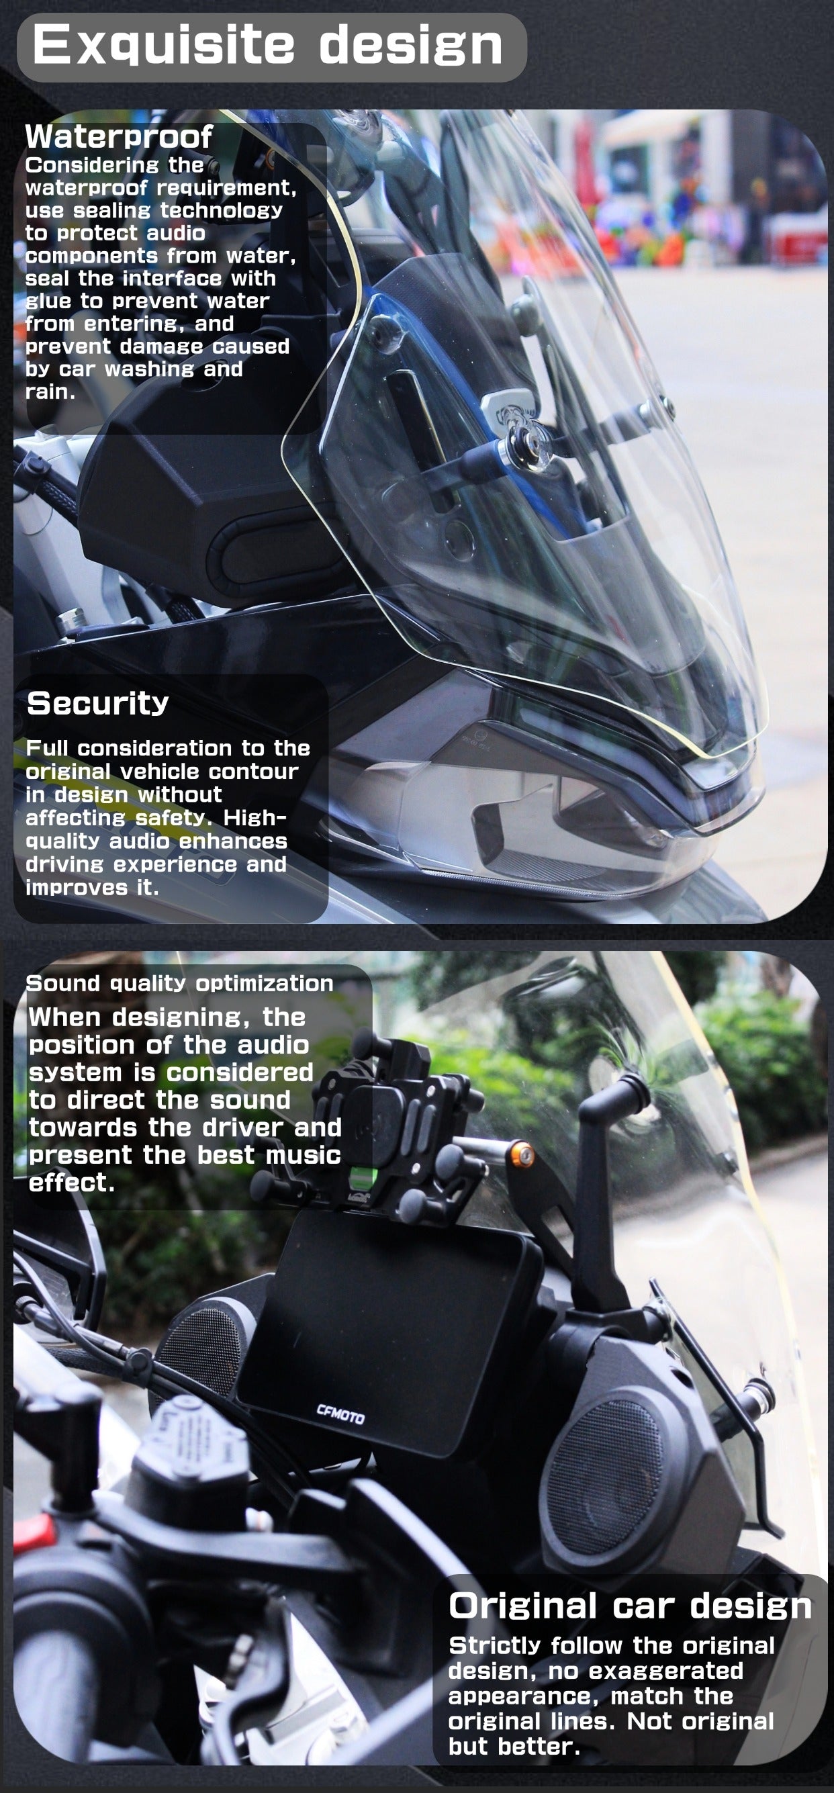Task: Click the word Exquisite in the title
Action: (164, 45)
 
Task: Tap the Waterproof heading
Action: (118, 136)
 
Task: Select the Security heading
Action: (97, 703)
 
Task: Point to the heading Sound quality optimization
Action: (179, 983)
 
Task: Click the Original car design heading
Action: (630, 1605)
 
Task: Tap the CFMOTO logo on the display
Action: (340, 1414)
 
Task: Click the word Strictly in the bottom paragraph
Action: (495, 1645)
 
